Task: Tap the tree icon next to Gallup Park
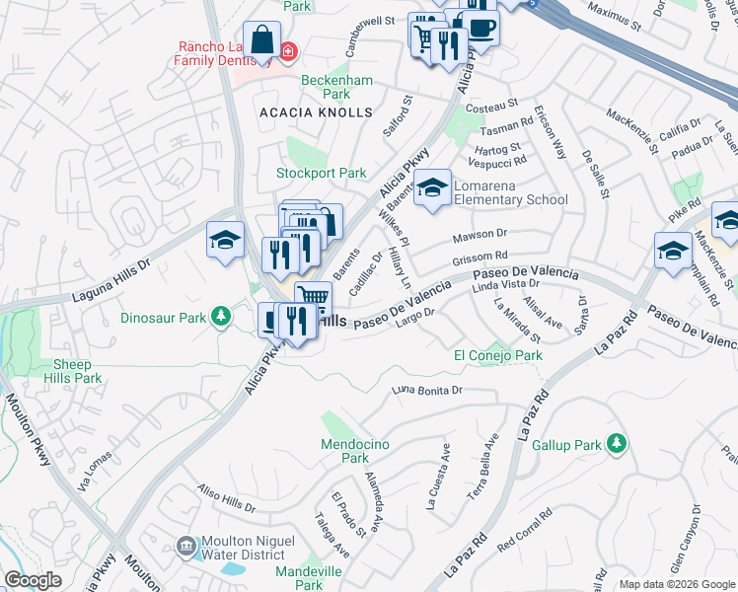click(x=617, y=444)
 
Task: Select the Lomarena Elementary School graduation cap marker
click(x=432, y=187)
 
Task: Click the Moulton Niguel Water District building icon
click(x=185, y=546)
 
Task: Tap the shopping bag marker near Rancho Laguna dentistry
click(x=261, y=41)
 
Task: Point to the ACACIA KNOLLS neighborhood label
click(x=316, y=113)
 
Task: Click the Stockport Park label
click(x=321, y=173)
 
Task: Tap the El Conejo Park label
click(x=497, y=355)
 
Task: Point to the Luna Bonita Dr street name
click(x=427, y=391)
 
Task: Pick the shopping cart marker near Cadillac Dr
click(x=313, y=297)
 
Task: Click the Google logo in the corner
click(x=33, y=581)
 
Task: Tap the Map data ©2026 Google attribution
click(x=677, y=584)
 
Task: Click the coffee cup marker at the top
click(x=480, y=27)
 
